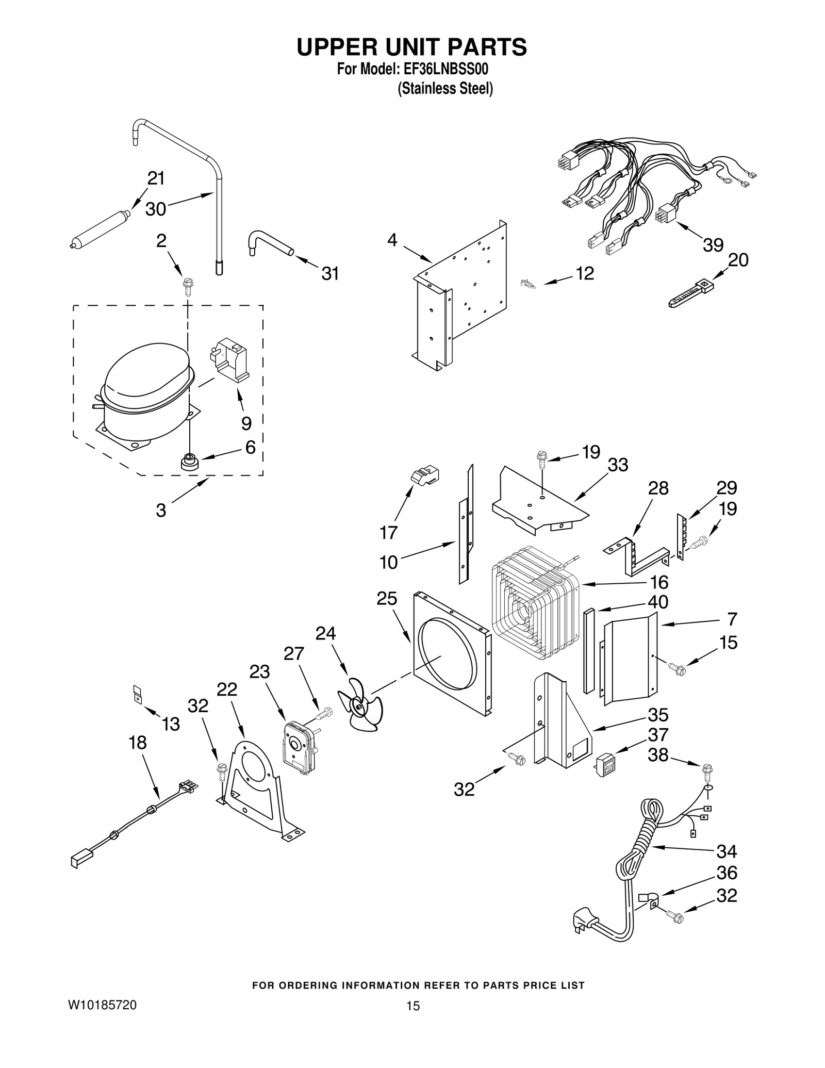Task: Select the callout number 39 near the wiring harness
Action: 713,244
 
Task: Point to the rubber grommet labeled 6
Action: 190,461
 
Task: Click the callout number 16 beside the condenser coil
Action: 658,582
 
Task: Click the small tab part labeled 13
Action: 137,693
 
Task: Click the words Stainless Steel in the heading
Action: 445,89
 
